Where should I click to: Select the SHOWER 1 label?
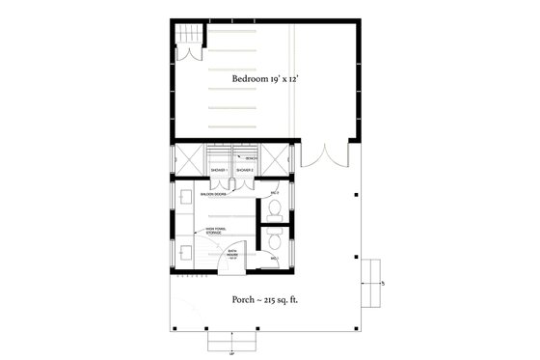coord(219,169)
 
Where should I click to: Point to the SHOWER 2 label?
coord(245,169)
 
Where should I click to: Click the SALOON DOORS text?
coord(214,193)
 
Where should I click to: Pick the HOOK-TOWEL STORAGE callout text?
coord(215,231)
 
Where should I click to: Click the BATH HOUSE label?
coord(232,256)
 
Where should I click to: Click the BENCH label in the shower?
coord(250,156)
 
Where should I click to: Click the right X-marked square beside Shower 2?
coord(280,159)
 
